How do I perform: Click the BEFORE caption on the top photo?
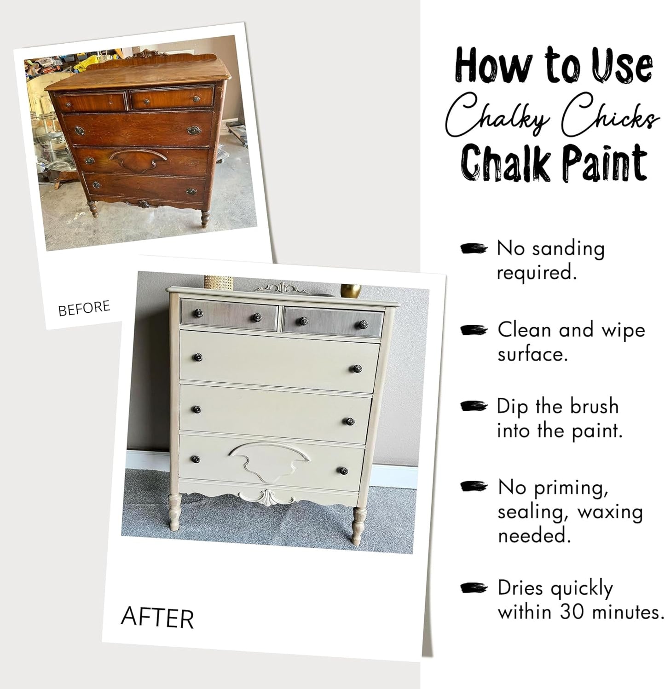pos(84,308)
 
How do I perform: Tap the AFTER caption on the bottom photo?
pos(157,618)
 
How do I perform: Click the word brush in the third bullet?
pos(594,406)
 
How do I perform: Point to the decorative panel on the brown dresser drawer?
pos(138,159)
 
